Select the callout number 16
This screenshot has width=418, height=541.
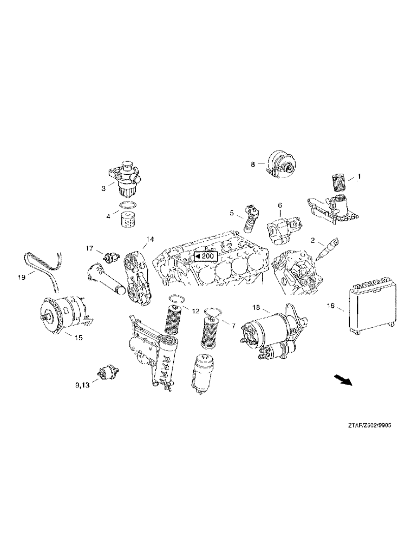(x=330, y=306)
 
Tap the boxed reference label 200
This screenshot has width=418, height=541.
(x=205, y=256)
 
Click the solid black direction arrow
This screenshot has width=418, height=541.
(x=343, y=380)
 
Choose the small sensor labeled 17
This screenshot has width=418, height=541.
(x=113, y=256)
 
